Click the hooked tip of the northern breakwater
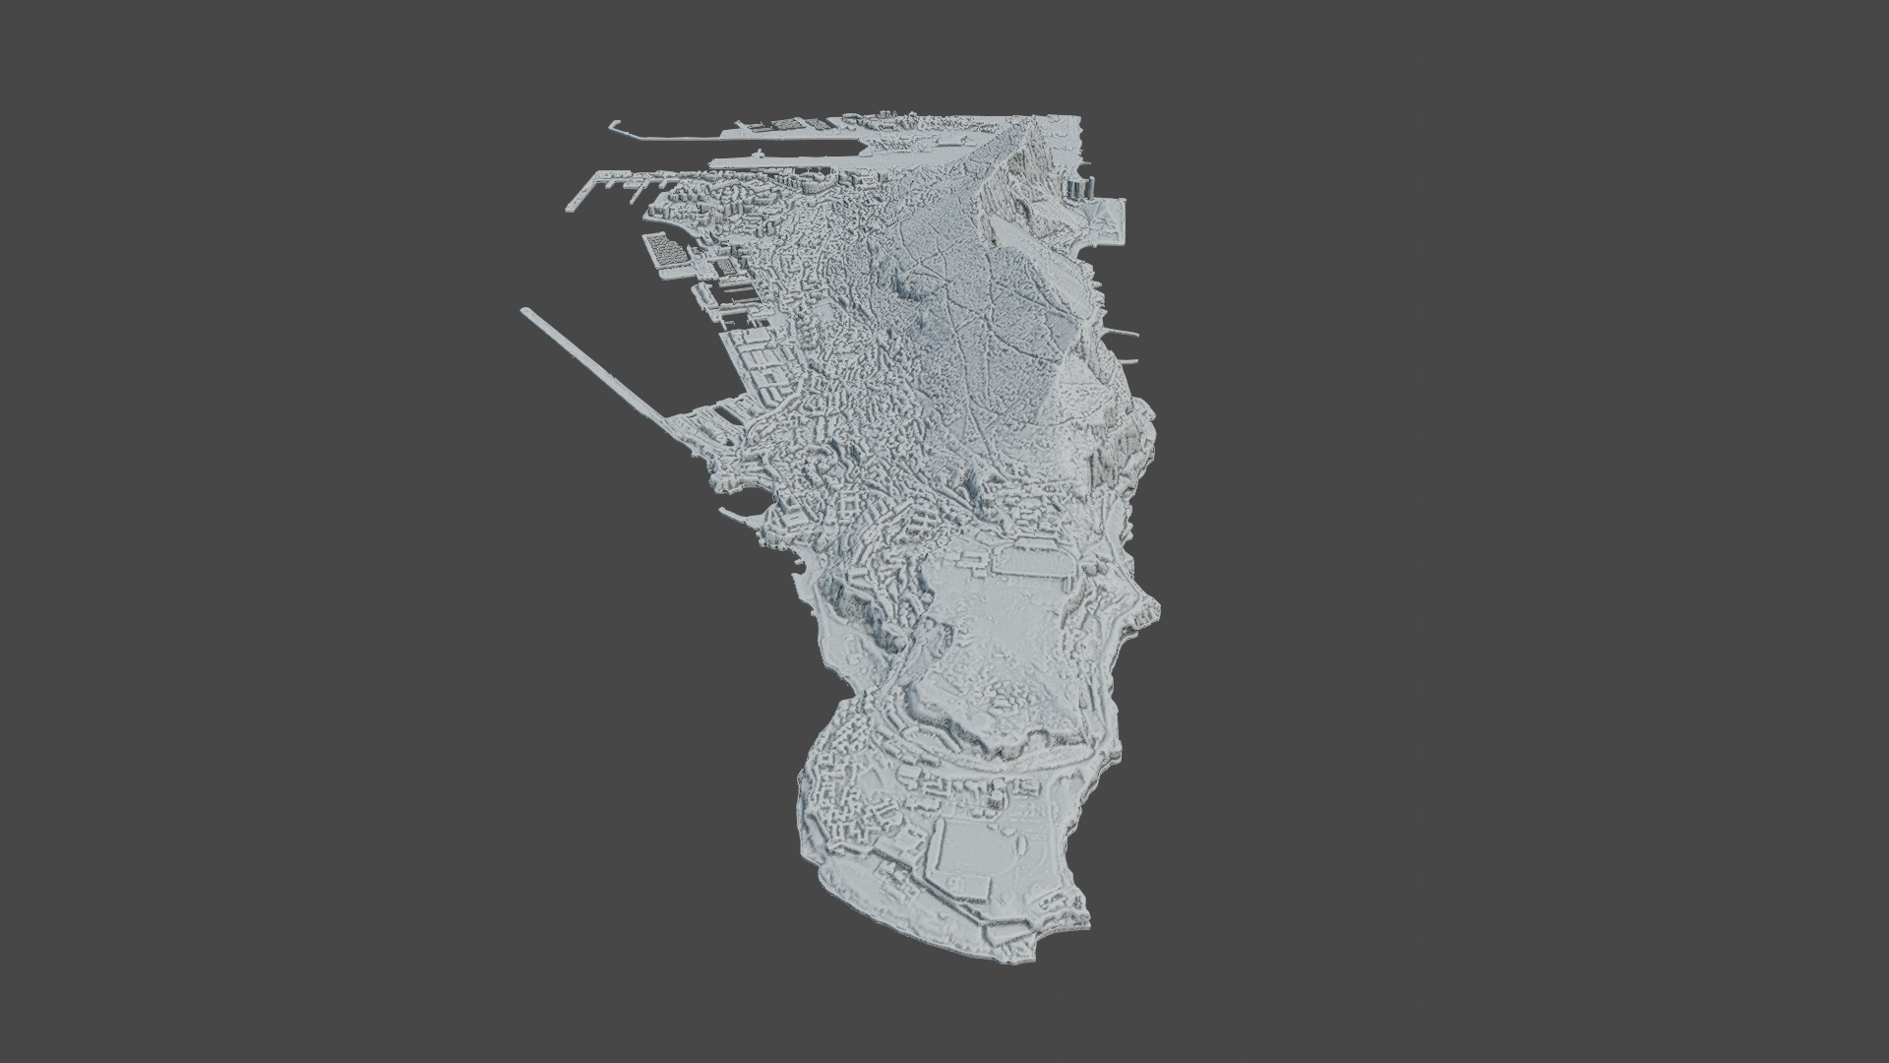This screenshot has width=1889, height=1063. [612, 124]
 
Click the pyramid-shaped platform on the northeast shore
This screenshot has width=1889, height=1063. [1111, 219]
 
